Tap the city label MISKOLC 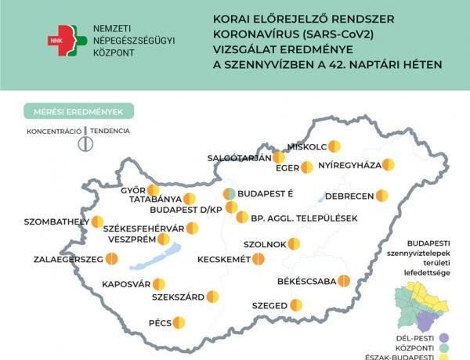click(x=308, y=146)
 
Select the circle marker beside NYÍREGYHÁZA click(x=388, y=165)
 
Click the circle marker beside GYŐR click(x=154, y=189)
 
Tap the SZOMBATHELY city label click(x=57, y=221)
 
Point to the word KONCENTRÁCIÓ click(x=52, y=131)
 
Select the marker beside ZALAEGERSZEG click(x=112, y=257)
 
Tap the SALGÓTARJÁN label click(x=239, y=157)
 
